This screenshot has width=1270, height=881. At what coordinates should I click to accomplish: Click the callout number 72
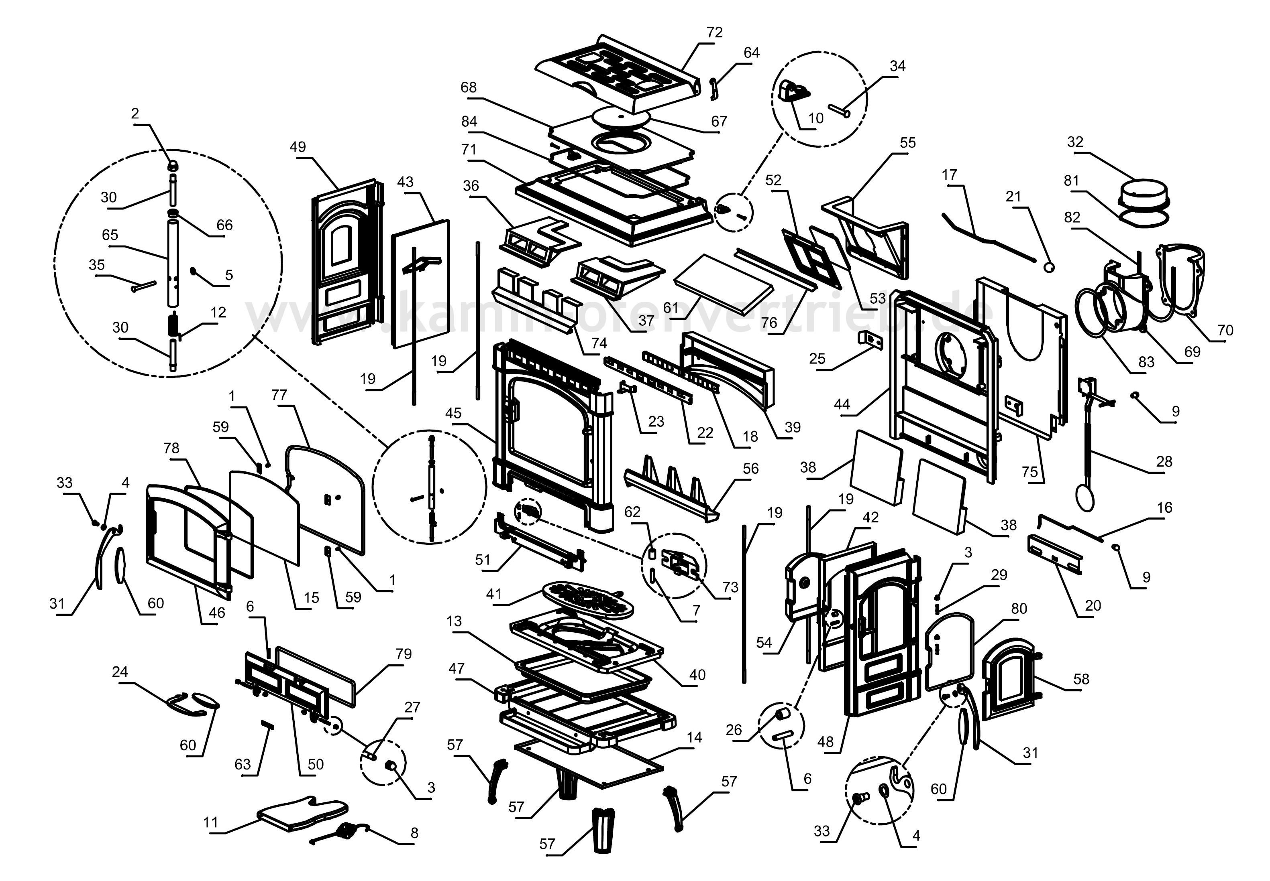(714, 32)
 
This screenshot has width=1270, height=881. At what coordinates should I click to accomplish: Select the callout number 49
(297, 147)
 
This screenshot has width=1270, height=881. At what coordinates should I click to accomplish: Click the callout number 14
(694, 737)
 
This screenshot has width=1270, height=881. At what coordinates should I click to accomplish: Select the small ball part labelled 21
(1048, 267)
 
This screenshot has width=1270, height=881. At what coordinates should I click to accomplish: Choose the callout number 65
(110, 235)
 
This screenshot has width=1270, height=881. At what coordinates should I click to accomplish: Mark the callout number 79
(404, 654)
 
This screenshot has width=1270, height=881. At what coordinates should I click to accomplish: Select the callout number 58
(1081, 679)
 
